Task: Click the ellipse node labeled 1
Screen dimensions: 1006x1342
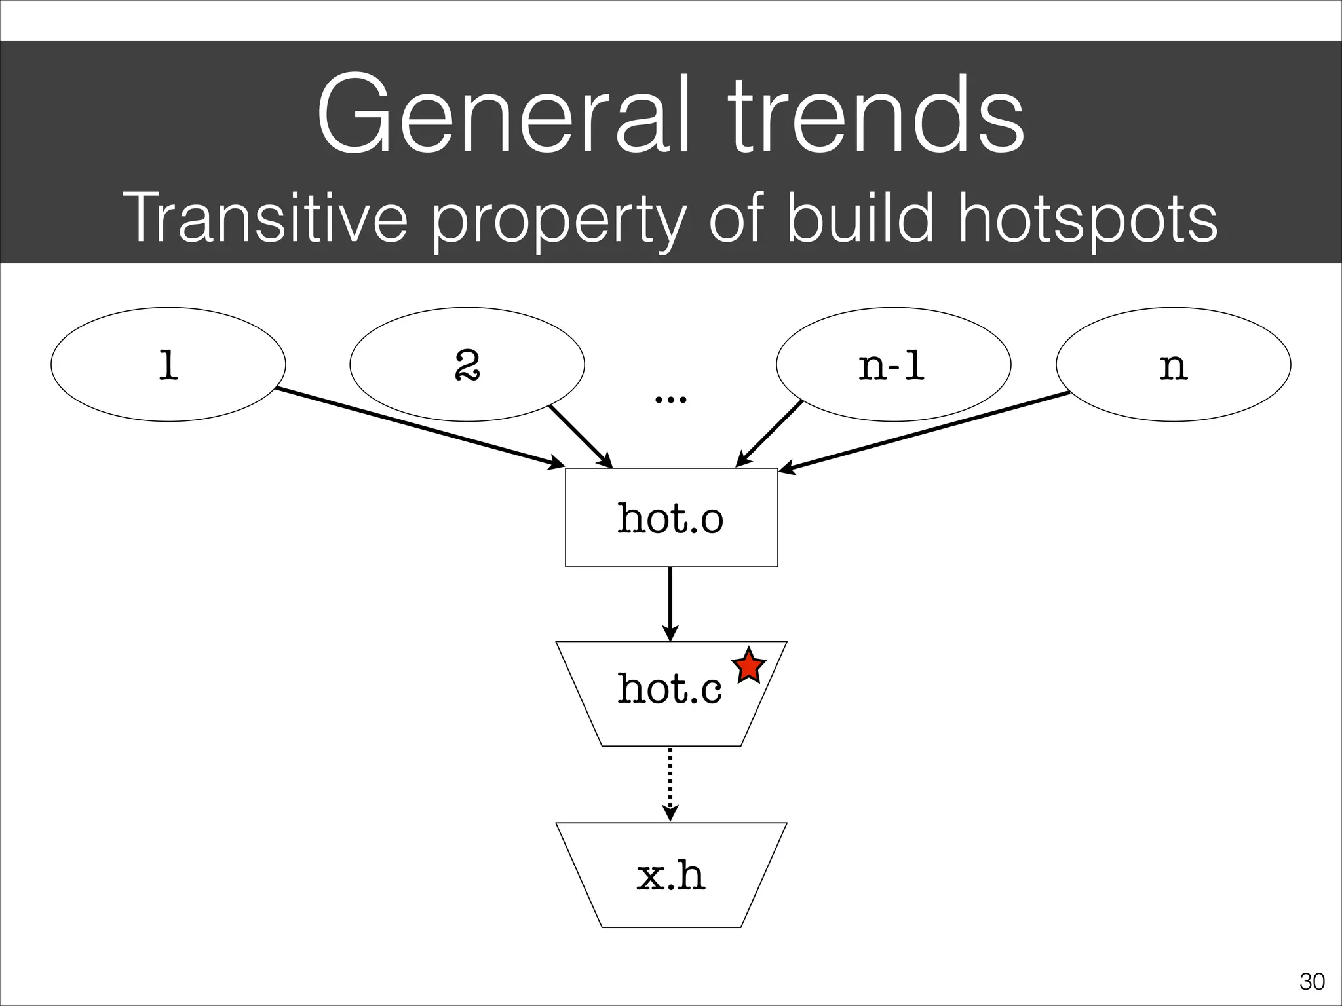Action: pyautogui.click(x=168, y=365)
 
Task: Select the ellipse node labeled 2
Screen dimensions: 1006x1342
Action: pyautogui.click(x=467, y=365)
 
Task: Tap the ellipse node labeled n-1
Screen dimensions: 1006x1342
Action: pyautogui.click(x=893, y=365)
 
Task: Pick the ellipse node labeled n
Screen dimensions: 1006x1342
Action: pyautogui.click(x=1173, y=365)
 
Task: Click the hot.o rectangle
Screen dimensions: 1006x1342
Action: pyautogui.click(x=671, y=517)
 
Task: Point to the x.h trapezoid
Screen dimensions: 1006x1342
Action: pyautogui.click(x=671, y=875)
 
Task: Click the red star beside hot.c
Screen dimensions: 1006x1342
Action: pyautogui.click(x=748, y=667)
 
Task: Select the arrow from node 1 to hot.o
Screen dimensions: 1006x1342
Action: pyautogui.click(x=419, y=428)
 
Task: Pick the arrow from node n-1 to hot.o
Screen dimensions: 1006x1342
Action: pyautogui.click(x=770, y=434)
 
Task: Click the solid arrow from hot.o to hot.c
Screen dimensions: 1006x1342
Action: pyautogui.click(x=670, y=603)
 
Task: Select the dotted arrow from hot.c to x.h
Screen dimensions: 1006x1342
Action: pyautogui.click(x=670, y=783)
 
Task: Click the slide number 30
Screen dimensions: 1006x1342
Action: pyautogui.click(x=1312, y=982)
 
